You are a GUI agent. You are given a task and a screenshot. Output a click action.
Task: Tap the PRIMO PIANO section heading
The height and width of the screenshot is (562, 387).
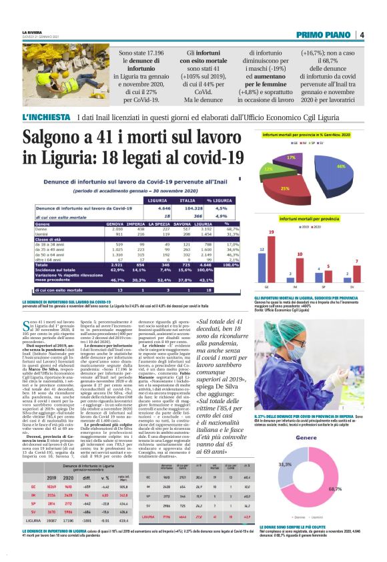tap(325, 35)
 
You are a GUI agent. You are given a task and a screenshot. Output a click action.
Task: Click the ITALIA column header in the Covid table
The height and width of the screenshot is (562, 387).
tap(187, 200)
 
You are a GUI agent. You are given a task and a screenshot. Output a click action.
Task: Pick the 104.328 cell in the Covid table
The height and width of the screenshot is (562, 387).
tap(187, 208)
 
